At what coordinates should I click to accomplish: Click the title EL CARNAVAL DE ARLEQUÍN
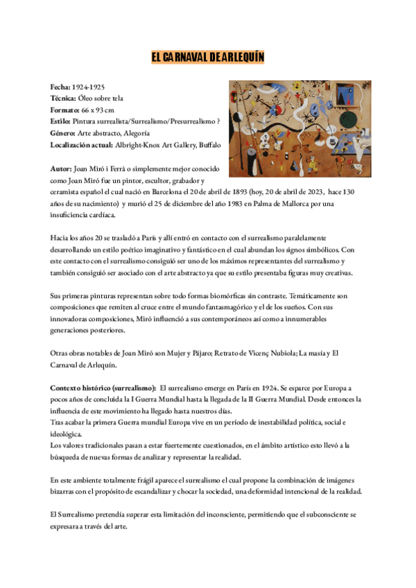(x=208, y=58)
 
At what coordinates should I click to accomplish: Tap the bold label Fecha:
(x=61, y=88)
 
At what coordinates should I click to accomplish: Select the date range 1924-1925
(x=89, y=88)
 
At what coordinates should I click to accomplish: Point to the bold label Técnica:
(x=64, y=99)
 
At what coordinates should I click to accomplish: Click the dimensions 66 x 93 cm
(x=97, y=110)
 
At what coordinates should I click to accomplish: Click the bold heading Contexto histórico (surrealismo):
(x=103, y=388)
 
